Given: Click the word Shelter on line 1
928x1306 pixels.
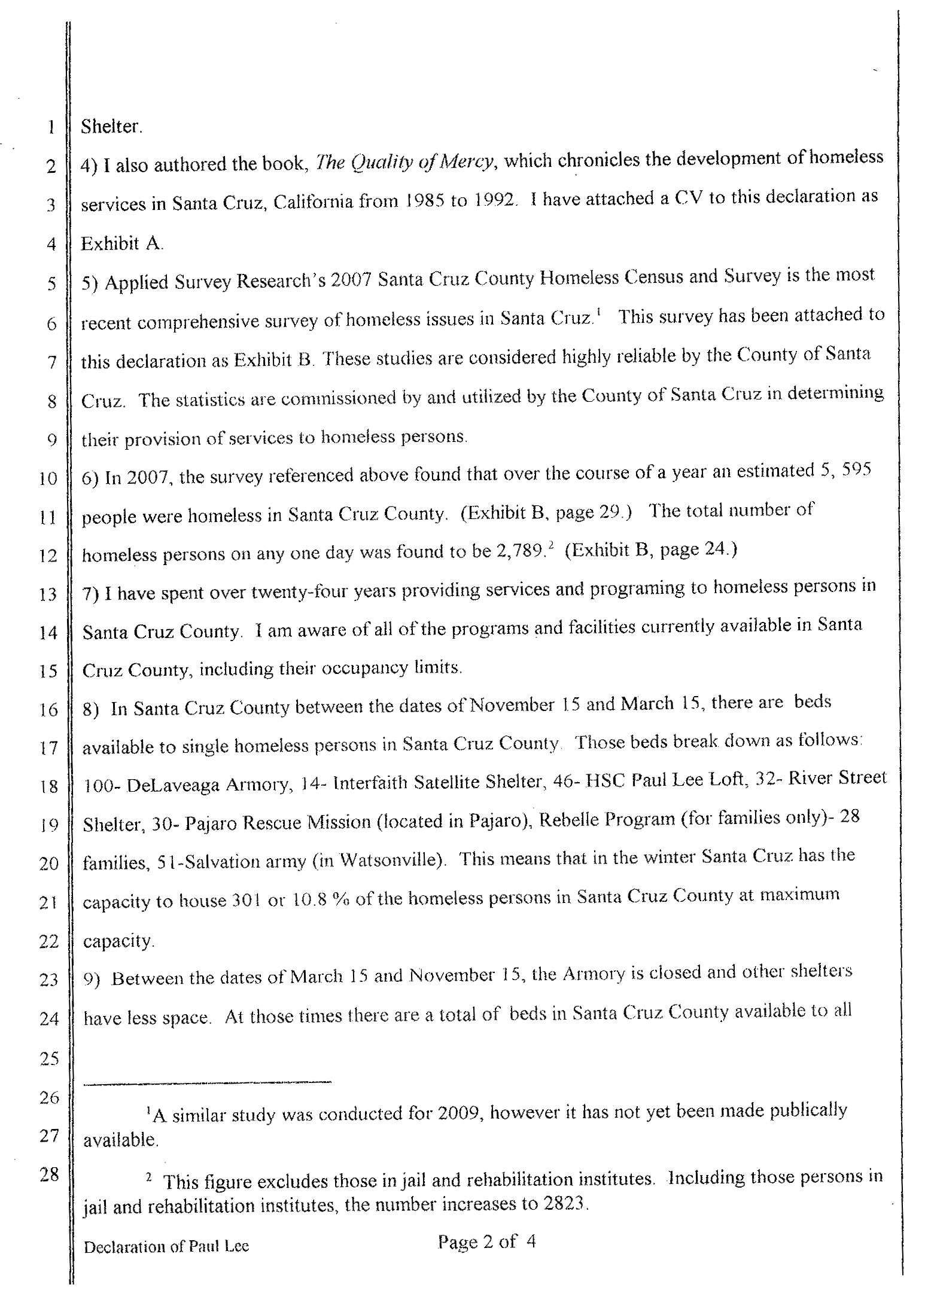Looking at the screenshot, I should pos(111,127).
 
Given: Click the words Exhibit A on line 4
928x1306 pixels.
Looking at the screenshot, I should pos(121,244).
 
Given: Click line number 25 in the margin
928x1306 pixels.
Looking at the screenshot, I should pos(49,1059).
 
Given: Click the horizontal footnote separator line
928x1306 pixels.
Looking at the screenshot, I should pos(206,1082).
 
